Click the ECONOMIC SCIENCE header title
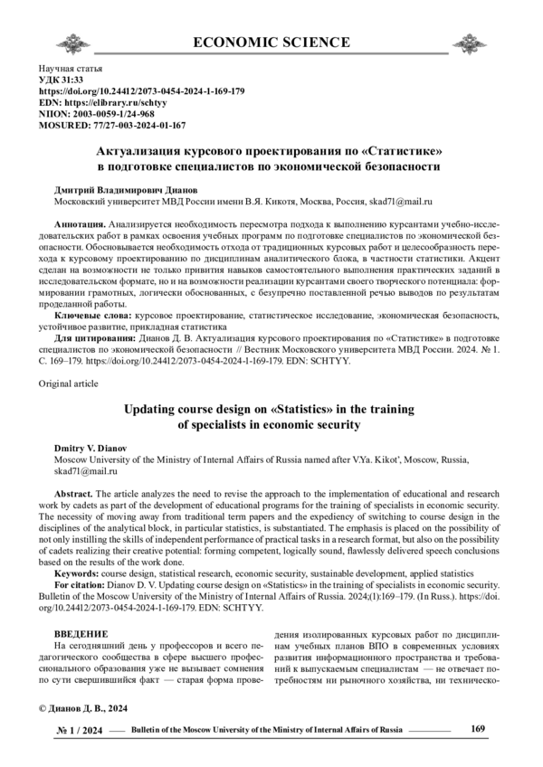[x=271, y=42]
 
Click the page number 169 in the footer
[x=481, y=728]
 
